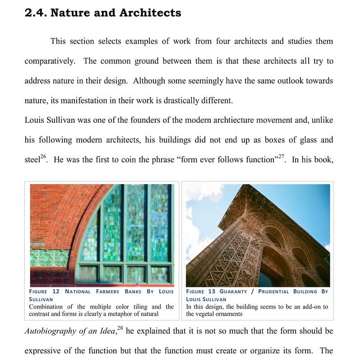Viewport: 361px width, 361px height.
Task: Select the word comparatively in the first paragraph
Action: [50, 61]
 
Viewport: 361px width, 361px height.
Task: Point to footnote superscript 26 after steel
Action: [43, 157]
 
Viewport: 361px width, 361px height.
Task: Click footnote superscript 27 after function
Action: [282, 157]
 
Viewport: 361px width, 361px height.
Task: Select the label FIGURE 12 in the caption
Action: [44, 292]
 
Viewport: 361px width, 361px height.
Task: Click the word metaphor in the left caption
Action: [127, 314]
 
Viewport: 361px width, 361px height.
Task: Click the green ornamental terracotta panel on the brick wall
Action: [49, 258]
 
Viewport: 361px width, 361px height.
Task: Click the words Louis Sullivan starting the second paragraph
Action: [50, 120]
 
